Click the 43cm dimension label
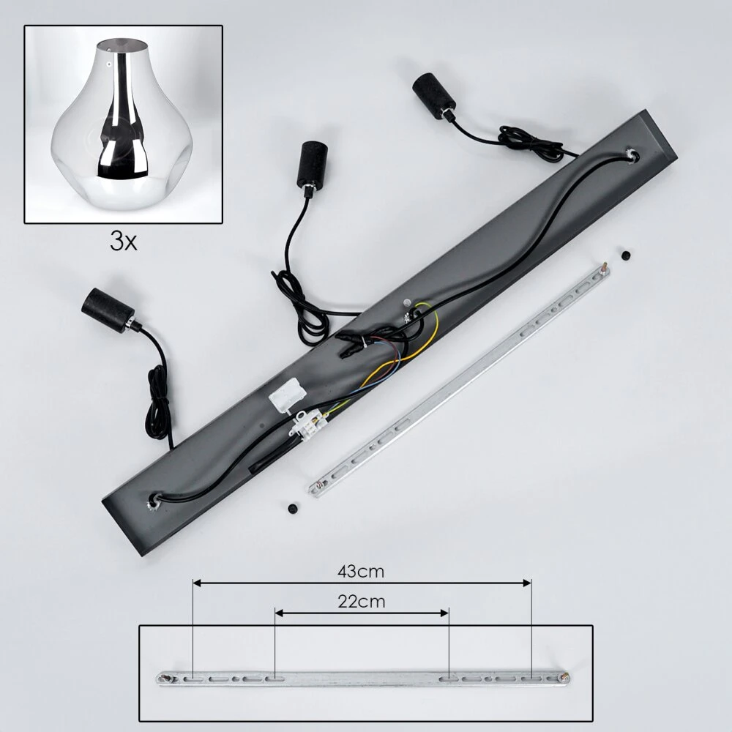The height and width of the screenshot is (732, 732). click(x=361, y=572)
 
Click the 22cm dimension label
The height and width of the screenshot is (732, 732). click(x=362, y=602)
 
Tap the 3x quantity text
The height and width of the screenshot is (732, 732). click(x=124, y=242)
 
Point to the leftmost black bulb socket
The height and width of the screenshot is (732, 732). click(x=108, y=309)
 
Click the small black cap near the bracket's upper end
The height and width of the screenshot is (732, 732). click(x=626, y=255)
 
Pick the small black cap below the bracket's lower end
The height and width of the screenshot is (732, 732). click(x=293, y=509)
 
